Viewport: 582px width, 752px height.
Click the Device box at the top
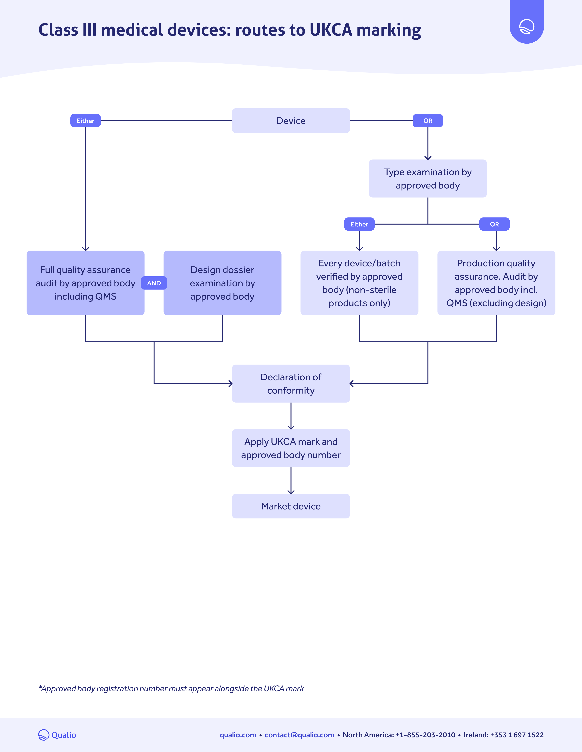tap(291, 120)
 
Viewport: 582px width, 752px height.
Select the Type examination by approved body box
tap(428, 178)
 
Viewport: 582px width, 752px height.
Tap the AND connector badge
tap(154, 283)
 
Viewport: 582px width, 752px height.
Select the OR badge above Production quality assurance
tap(494, 224)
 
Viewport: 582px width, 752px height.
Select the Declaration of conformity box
tap(291, 384)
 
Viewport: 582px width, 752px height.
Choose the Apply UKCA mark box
tap(291, 448)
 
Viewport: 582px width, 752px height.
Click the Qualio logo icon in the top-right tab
tap(527, 26)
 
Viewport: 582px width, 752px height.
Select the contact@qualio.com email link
tap(299, 735)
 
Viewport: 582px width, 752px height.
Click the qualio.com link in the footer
tap(238, 735)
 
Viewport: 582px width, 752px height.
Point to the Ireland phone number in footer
tap(503, 735)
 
